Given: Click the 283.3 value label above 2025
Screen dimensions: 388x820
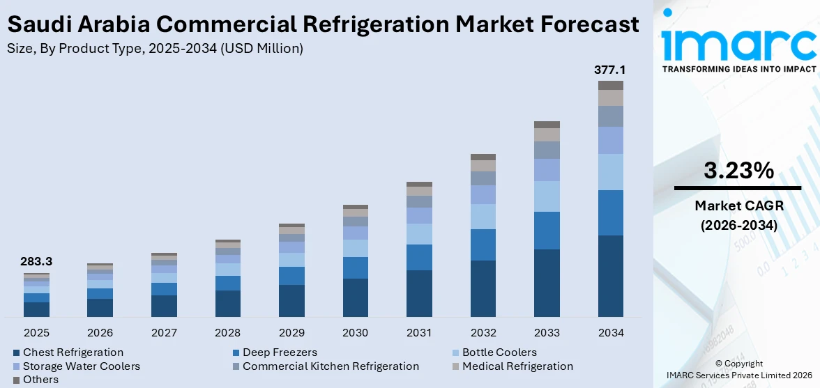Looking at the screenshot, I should (x=36, y=262).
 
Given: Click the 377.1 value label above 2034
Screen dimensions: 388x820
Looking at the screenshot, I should (x=610, y=70).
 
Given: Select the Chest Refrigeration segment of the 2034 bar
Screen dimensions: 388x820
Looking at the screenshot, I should (x=610, y=276).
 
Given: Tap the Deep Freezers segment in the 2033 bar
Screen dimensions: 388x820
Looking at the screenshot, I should (x=547, y=231).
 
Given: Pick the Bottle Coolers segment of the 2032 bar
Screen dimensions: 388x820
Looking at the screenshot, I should (x=483, y=217).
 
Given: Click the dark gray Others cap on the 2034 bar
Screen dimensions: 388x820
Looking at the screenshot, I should (x=610, y=85).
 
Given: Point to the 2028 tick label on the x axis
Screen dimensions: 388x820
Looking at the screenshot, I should (x=227, y=333).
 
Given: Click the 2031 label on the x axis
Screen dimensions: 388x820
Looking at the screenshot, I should (x=419, y=333).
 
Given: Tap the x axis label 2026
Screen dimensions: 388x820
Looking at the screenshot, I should (x=100, y=333).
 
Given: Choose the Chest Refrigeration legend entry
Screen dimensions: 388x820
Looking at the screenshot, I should (x=73, y=352).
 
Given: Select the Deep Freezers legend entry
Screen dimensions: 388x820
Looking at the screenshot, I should (x=279, y=352).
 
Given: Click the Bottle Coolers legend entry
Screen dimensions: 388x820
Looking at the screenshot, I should (x=499, y=352).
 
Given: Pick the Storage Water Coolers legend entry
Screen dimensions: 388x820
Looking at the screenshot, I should (x=81, y=366).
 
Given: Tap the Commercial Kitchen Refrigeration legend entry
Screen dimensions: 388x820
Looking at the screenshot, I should (x=331, y=366).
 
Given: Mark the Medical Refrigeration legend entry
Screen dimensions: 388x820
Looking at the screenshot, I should (x=517, y=366).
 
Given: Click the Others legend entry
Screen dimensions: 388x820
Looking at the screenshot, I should (x=40, y=380).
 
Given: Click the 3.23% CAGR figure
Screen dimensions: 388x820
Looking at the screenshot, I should (x=738, y=170).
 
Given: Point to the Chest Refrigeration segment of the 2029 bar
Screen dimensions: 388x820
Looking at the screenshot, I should (x=291, y=301).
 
